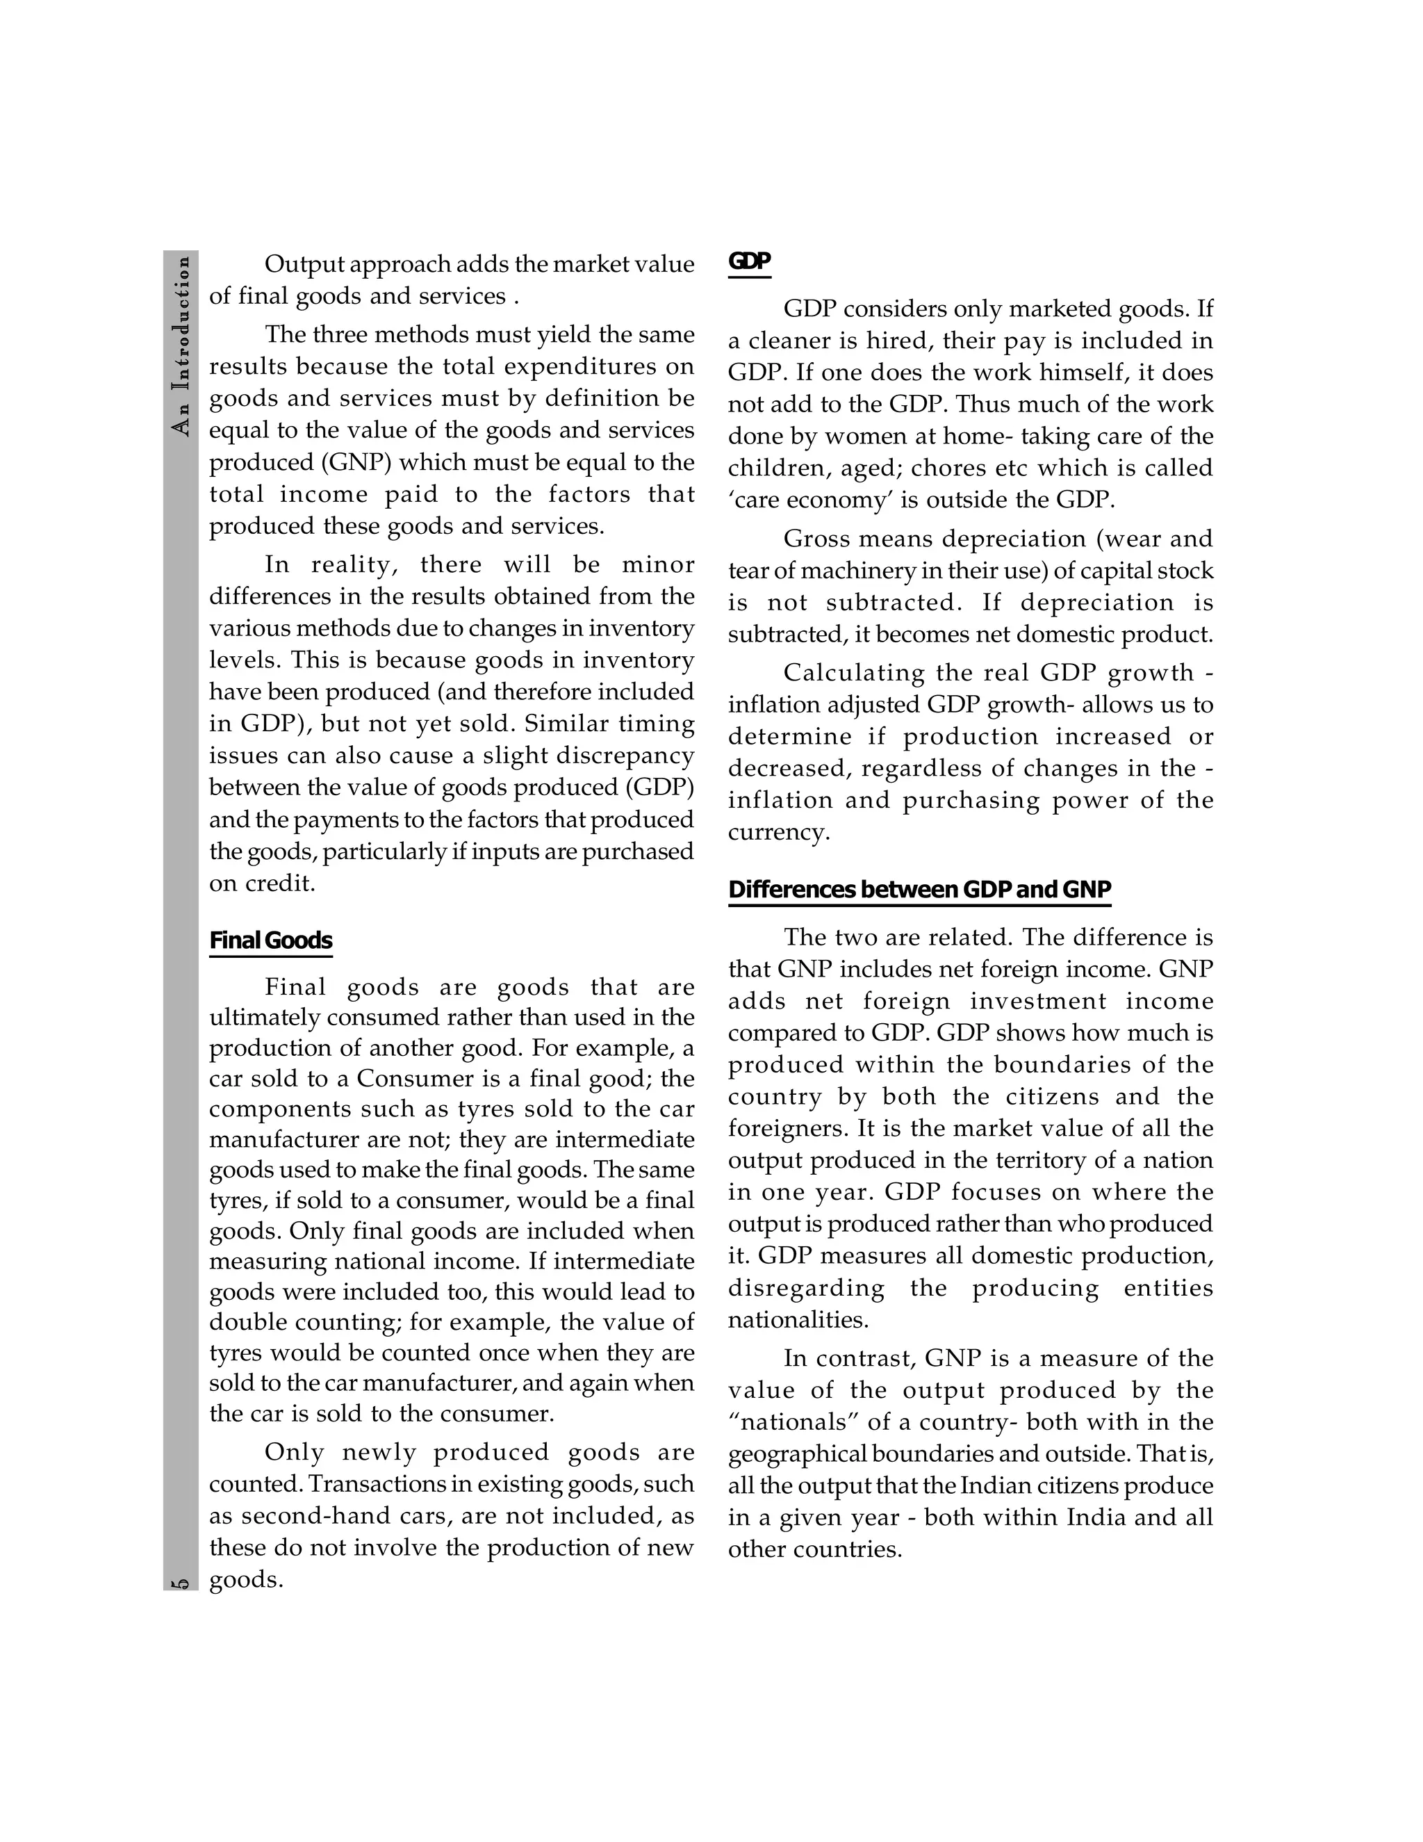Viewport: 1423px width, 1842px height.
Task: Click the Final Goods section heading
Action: pos(270,940)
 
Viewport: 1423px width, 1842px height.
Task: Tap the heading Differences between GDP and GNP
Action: pos(919,890)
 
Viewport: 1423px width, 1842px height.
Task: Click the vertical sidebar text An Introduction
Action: pos(181,345)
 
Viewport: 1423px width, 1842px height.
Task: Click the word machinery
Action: pos(853,570)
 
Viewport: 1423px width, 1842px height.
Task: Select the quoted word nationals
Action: pos(792,1422)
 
